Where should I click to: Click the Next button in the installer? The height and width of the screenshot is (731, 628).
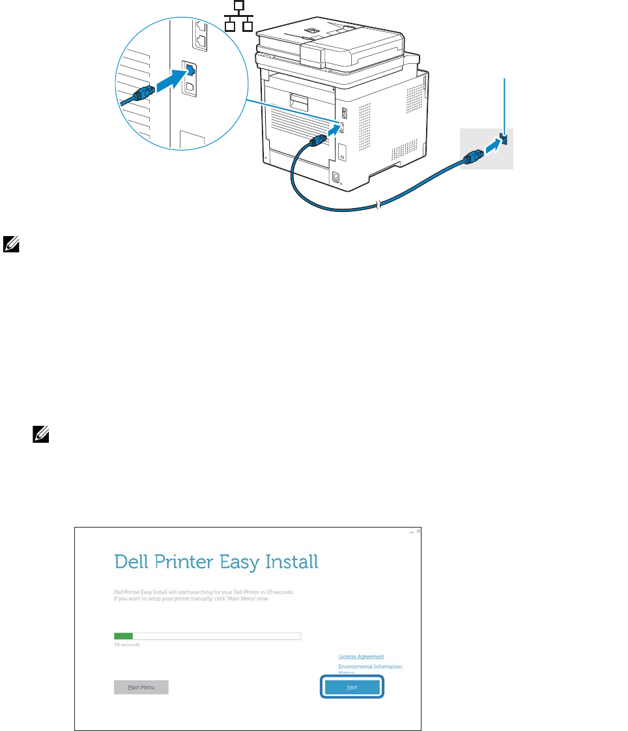(x=352, y=687)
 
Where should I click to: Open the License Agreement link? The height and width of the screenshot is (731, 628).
(x=361, y=657)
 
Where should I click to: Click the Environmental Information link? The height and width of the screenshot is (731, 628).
(x=370, y=666)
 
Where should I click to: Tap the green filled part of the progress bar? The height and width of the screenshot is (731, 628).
(x=123, y=636)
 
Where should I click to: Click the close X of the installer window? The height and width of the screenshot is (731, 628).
(x=418, y=532)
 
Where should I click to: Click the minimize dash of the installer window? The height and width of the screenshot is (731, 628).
(x=411, y=533)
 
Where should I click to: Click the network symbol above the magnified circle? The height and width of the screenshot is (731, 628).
(x=238, y=17)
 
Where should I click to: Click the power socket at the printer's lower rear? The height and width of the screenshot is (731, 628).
(x=337, y=177)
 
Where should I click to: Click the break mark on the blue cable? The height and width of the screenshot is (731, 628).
(x=377, y=207)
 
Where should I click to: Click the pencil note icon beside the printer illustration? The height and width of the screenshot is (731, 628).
(x=11, y=245)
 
